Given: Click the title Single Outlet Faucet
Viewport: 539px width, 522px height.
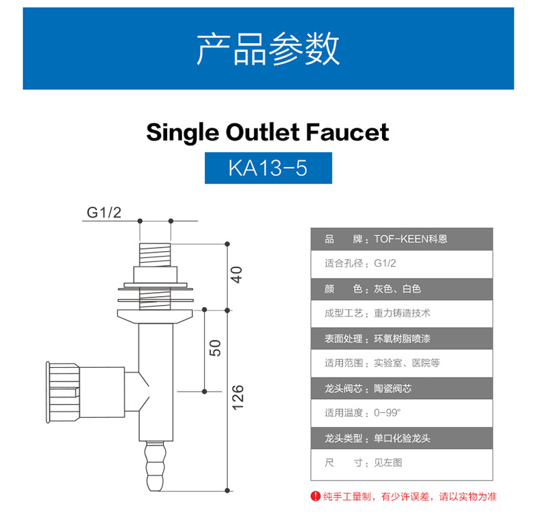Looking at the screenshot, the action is [267, 132].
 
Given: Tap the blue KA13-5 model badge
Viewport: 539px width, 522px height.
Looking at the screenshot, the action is [268, 168].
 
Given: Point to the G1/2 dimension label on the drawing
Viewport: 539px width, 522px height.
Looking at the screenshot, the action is [104, 212].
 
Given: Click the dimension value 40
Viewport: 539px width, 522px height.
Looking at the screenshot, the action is [236, 275].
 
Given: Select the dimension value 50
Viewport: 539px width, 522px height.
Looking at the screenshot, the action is [215, 347].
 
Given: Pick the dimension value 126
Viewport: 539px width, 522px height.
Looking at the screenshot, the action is [237, 397].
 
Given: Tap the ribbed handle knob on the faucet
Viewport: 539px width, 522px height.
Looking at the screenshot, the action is [63, 391].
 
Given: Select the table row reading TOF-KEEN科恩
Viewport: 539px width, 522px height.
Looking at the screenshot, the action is [401, 239].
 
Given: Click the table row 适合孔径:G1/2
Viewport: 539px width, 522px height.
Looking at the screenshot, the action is [401, 263].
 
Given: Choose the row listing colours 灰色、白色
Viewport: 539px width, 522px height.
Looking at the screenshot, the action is [401, 289].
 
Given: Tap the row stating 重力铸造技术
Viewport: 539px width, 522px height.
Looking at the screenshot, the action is [401, 313].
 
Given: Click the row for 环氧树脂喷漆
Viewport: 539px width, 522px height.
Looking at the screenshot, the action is [401, 338].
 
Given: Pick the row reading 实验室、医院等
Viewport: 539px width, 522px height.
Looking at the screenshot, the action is [401, 363].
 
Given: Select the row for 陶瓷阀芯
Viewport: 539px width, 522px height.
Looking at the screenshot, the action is [401, 388].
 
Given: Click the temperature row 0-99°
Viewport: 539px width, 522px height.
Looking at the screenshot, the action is [401, 413].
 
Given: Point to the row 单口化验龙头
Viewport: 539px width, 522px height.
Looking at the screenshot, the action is [401, 438].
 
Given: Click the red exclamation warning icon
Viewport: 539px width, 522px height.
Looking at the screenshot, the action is [315, 496].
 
